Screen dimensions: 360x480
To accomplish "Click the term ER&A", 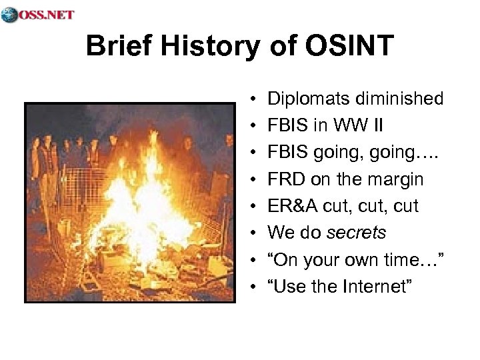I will pos(292,206).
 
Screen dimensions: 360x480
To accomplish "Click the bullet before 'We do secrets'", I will pos(257,233).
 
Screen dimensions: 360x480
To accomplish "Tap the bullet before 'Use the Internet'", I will pos(257,287).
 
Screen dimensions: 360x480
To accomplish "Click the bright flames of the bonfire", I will pos(140,193).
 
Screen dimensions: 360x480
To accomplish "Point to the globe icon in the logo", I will pos(9,15).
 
